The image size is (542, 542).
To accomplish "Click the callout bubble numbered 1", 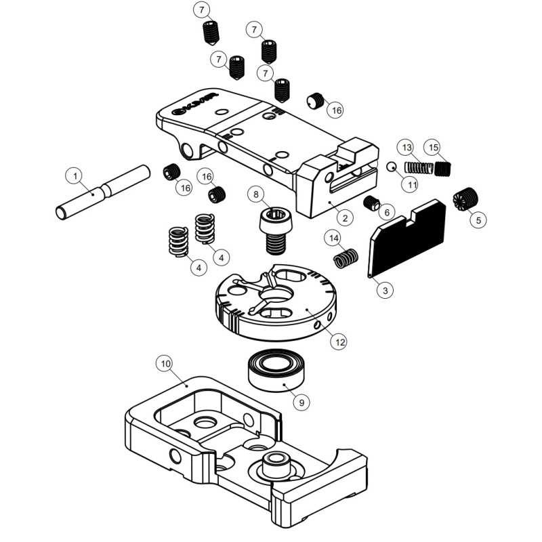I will (75, 175).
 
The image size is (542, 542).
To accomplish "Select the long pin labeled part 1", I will (102, 192).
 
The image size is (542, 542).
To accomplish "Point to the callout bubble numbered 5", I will (480, 220).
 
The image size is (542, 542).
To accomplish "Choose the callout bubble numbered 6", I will (386, 212).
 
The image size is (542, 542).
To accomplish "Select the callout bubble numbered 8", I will (256, 194).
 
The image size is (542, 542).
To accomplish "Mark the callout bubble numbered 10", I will (165, 363).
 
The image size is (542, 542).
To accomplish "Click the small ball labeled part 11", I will (391, 167).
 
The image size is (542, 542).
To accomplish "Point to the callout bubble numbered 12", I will (339, 342).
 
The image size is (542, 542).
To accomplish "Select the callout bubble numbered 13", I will (406, 147).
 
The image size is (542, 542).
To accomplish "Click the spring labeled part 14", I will (346, 258).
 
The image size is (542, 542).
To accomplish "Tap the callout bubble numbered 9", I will (302, 401).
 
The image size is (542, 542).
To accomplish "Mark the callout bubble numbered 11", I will (412, 183).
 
